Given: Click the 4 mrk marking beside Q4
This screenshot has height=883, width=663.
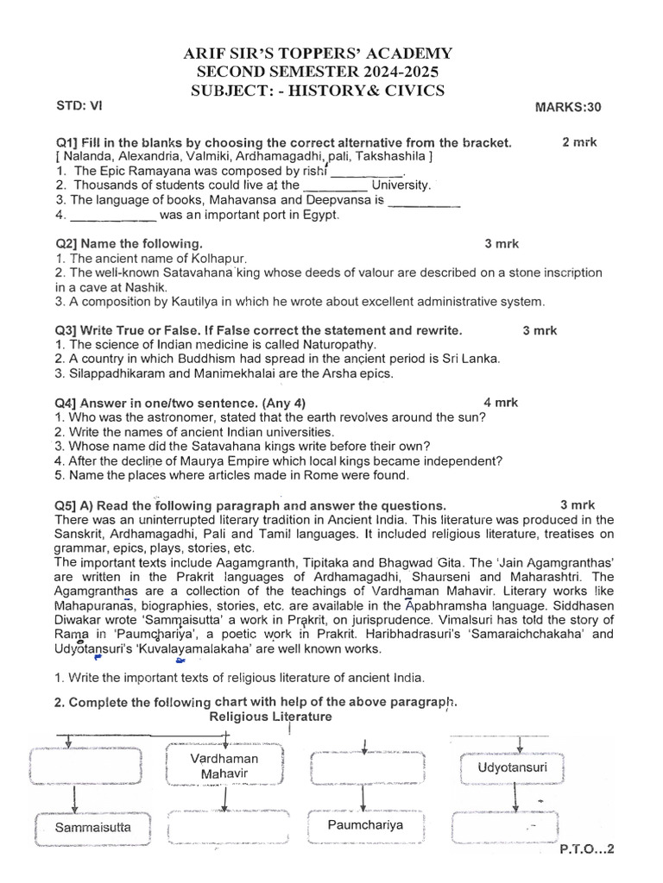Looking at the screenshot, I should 500,402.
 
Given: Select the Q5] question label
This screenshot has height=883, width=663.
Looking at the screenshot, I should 69,504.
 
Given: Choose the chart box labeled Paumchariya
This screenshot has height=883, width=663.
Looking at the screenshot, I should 365,825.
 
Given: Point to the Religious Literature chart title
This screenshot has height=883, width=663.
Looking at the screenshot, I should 270,717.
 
